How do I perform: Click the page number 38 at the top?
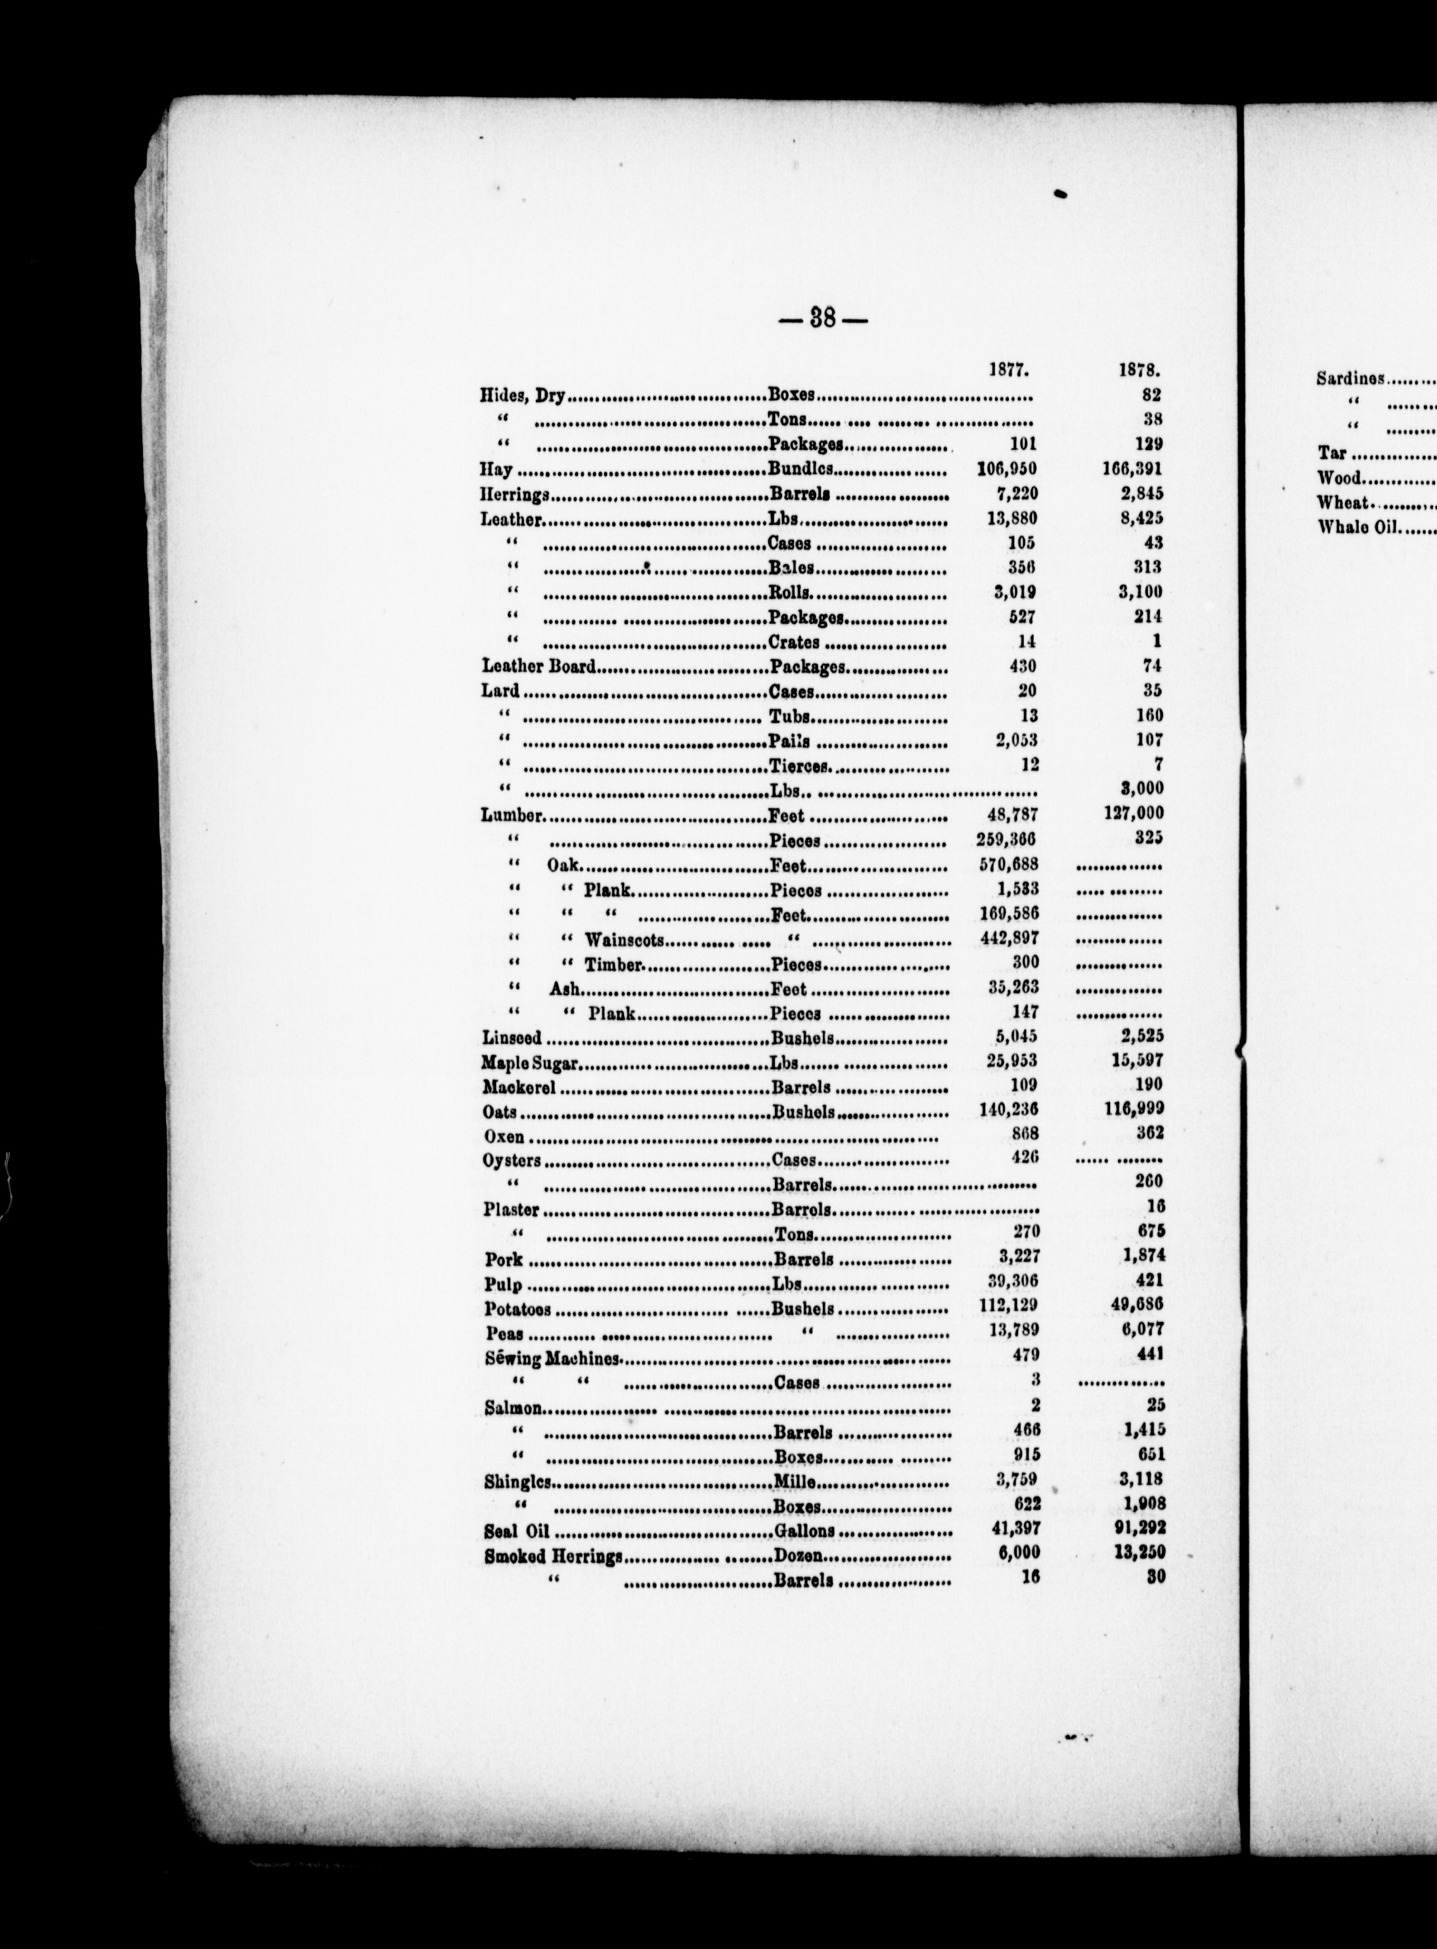coord(823,318)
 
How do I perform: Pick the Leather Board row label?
coord(538,667)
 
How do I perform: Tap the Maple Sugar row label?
coord(531,1063)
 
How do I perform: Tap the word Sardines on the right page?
coord(1350,378)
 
